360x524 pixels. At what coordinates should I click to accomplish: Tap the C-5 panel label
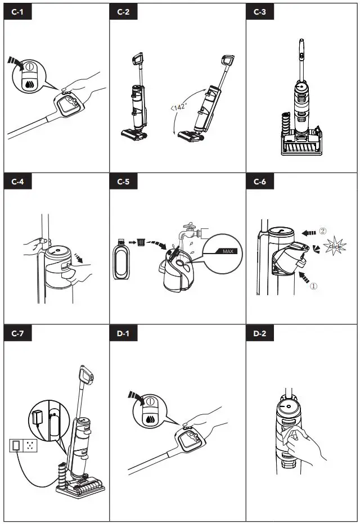(x=123, y=182)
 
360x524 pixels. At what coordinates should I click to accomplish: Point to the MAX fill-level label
(x=227, y=251)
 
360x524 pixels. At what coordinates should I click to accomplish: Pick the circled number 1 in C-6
(x=313, y=285)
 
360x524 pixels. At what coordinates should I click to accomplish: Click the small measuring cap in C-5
(x=141, y=242)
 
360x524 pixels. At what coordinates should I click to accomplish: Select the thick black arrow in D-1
(x=136, y=397)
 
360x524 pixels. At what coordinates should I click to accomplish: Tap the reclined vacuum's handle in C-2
(x=227, y=61)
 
